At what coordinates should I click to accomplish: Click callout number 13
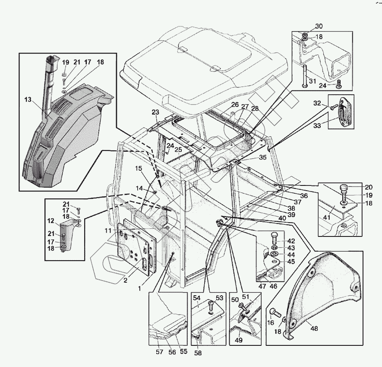click(28, 99)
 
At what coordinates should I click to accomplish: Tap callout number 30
click(319, 26)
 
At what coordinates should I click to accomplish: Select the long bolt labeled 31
click(305, 76)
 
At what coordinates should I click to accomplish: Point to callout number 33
click(317, 125)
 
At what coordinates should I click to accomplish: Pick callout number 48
click(315, 329)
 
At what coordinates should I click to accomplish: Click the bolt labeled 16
click(275, 313)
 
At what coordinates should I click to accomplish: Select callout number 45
click(291, 262)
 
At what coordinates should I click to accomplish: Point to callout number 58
click(198, 353)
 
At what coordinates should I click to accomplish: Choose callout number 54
click(196, 298)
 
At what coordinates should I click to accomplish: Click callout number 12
click(51, 221)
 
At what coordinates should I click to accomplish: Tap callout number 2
click(125, 281)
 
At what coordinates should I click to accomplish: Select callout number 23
click(155, 112)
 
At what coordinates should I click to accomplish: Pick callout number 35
click(262, 157)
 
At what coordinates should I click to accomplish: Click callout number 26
click(235, 105)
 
